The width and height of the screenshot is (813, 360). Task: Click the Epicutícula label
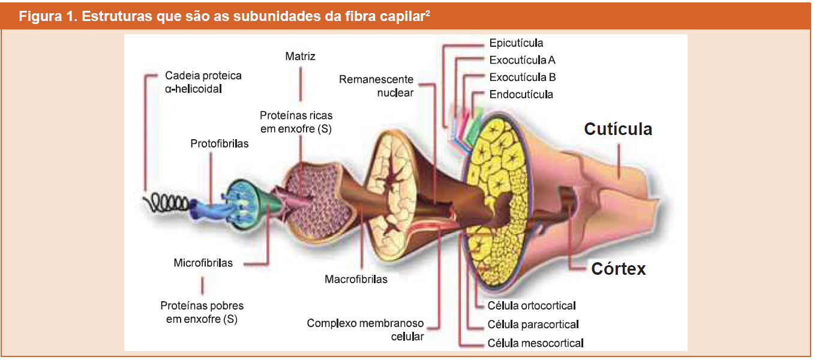tap(516, 43)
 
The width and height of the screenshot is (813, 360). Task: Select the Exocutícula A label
tap(522, 60)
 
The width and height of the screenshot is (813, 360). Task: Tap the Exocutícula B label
tap(522, 77)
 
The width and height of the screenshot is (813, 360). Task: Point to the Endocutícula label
tap(521, 95)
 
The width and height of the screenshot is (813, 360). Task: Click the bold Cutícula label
tap(618, 129)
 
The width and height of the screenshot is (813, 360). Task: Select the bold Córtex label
tap(618, 269)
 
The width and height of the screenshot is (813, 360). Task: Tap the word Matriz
tap(300, 57)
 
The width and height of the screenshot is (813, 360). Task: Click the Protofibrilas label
tap(219, 144)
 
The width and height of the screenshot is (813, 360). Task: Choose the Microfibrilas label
tap(203, 263)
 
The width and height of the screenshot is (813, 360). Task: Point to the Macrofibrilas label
tap(356, 279)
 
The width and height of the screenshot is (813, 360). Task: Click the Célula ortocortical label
tap(532, 306)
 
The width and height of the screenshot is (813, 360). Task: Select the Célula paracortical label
tap(533, 325)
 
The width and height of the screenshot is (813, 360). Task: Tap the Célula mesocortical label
tap(535, 343)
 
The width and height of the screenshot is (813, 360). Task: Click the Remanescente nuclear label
tap(376, 86)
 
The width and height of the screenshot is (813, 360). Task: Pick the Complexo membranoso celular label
tap(365, 330)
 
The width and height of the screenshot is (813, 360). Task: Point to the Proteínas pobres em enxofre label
tap(202, 313)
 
